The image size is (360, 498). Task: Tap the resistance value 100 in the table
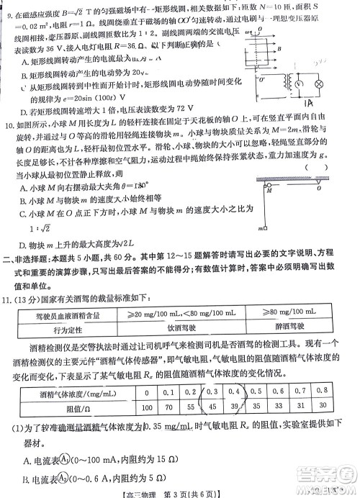click(x=147, y=407)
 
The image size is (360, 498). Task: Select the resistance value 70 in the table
click(x=168, y=407)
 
